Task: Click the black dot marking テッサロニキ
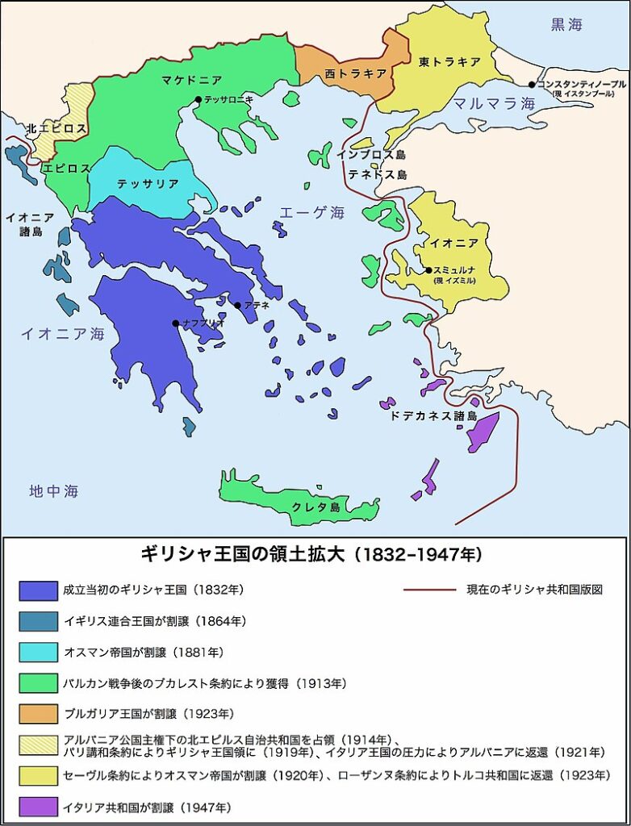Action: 198,100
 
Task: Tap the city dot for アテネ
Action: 237,306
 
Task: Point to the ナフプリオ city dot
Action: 176,323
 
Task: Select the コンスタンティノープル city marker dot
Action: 533,85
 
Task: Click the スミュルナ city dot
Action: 428,270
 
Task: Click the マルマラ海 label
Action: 493,104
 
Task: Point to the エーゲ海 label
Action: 311,213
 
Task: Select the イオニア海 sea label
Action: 63,333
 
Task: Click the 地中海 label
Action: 54,490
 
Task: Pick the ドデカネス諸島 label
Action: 433,416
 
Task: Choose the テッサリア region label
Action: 148,184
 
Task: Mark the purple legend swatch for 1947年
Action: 38,806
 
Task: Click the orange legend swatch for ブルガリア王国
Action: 38,714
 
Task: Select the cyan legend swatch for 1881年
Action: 38,652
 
